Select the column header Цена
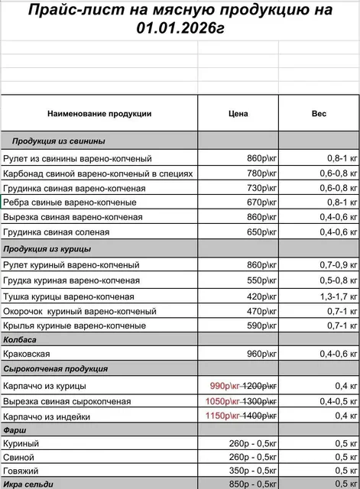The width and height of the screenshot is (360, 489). tap(238, 114)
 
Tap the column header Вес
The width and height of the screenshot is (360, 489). tap(319, 114)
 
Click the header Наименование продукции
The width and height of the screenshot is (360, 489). tap(99, 114)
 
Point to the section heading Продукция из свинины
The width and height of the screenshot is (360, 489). tap(59, 141)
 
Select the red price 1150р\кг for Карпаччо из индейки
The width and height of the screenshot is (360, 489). tap(222, 416)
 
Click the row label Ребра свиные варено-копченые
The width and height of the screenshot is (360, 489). tap(70, 202)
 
